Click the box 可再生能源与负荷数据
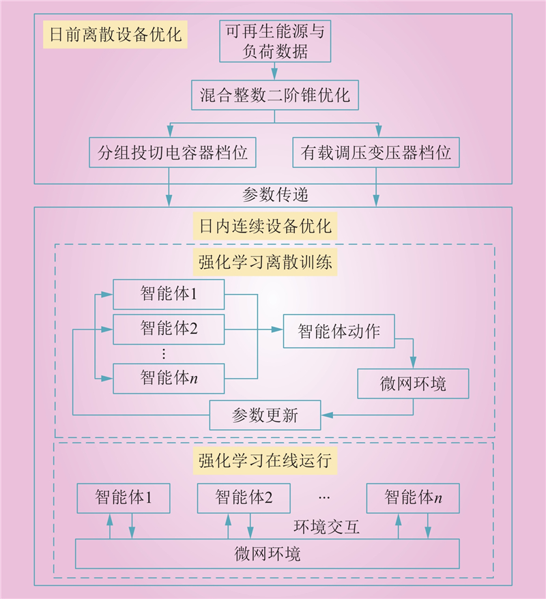click(275, 41)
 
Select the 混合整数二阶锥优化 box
click(275, 95)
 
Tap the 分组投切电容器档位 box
click(172, 152)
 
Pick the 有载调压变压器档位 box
click(376, 152)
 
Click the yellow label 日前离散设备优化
click(115, 34)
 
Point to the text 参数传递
click(275, 195)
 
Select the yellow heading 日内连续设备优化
click(265, 226)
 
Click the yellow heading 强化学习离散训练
click(265, 262)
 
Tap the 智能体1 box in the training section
click(169, 294)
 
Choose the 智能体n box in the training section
click(169, 378)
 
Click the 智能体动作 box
click(339, 331)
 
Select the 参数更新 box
click(265, 415)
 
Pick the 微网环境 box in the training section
click(413, 383)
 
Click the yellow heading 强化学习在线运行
click(265, 461)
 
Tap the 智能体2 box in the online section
click(244, 498)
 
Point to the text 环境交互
click(327, 527)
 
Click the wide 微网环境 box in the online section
click(267, 554)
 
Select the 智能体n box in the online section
click(413, 498)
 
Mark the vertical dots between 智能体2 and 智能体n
click(164, 354)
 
